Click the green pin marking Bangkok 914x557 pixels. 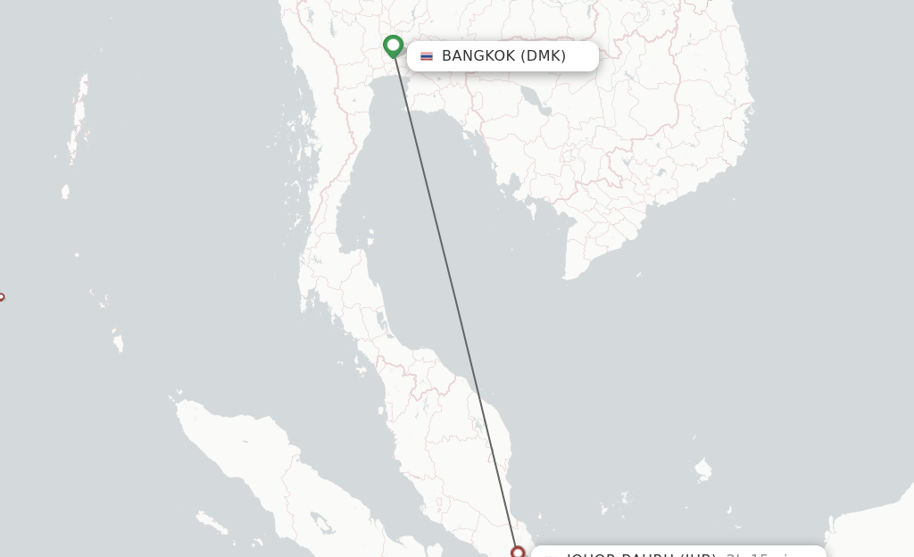point(393,45)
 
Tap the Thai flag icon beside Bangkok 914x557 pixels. point(427,56)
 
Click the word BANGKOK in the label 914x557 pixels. point(478,56)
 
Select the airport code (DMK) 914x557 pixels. point(544,56)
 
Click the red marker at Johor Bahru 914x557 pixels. point(517,553)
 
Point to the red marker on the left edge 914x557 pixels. point(1,297)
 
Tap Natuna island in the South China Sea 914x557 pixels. point(703,468)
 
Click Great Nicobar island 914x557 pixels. point(118,341)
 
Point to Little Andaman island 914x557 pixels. point(65,191)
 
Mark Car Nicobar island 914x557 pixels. point(77,254)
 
